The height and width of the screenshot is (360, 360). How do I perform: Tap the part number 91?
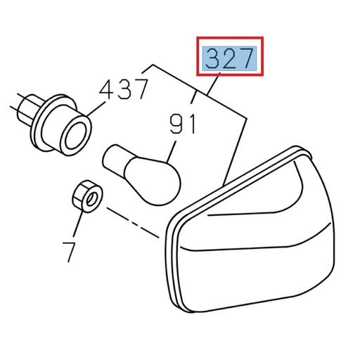pos(183,126)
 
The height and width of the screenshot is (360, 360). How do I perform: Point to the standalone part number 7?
pos(69,251)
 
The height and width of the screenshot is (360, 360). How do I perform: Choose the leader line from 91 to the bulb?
pos(172,149)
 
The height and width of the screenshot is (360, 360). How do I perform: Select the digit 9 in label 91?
pos(176,126)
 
